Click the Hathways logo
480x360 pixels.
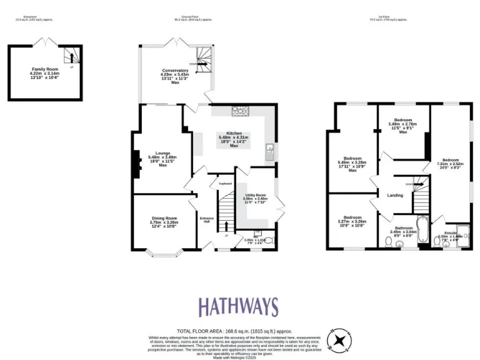(x=238, y=307)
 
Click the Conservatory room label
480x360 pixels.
(x=174, y=71)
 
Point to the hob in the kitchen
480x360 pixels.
(x=240, y=111)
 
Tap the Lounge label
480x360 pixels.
(x=163, y=153)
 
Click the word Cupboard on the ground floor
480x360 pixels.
(x=225, y=184)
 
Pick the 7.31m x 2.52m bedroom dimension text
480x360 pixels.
(x=451, y=164)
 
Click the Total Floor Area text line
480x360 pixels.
(x=234, y=331)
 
